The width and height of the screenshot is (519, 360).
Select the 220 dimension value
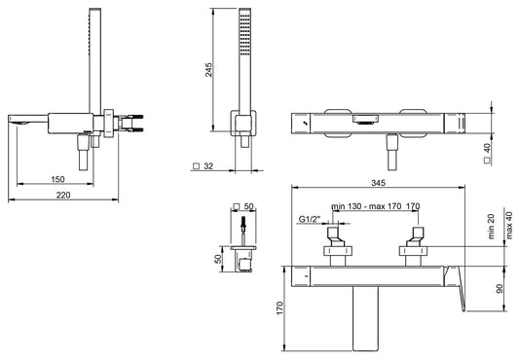(x=61, y=195)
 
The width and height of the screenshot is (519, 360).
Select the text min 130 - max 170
(x=366, y=206)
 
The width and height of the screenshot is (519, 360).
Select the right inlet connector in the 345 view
(x=417, y=242)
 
